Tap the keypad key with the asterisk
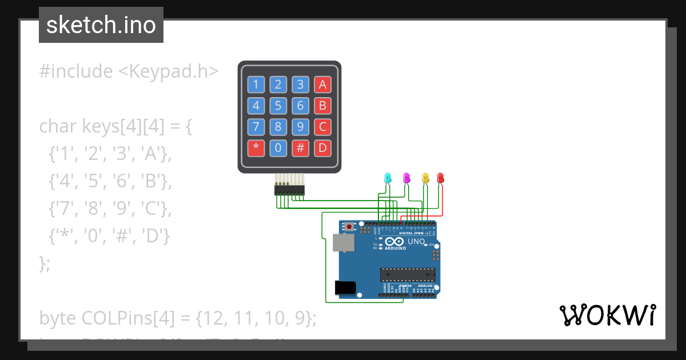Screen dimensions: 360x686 pos(256,148)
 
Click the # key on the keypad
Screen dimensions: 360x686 pos(300,148)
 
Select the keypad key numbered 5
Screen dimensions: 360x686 pos(278,106)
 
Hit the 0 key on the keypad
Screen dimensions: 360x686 pos(278,148)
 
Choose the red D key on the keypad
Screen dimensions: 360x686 pos(322,148)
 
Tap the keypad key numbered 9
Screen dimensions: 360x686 pos(300,127)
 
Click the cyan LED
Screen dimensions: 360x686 pos(388,178)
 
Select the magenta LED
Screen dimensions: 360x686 pos(406,178)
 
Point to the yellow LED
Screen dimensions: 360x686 pos(425,178)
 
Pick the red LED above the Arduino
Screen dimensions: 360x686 pos(440,178)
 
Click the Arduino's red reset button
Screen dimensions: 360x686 pos(348,227)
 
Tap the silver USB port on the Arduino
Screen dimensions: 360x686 pos(343,243)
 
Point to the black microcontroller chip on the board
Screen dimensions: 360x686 pos(408,274)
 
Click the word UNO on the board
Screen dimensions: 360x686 pos(416,241)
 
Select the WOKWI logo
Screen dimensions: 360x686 pos(607,315)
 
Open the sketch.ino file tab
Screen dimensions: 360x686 pos(101,25)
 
